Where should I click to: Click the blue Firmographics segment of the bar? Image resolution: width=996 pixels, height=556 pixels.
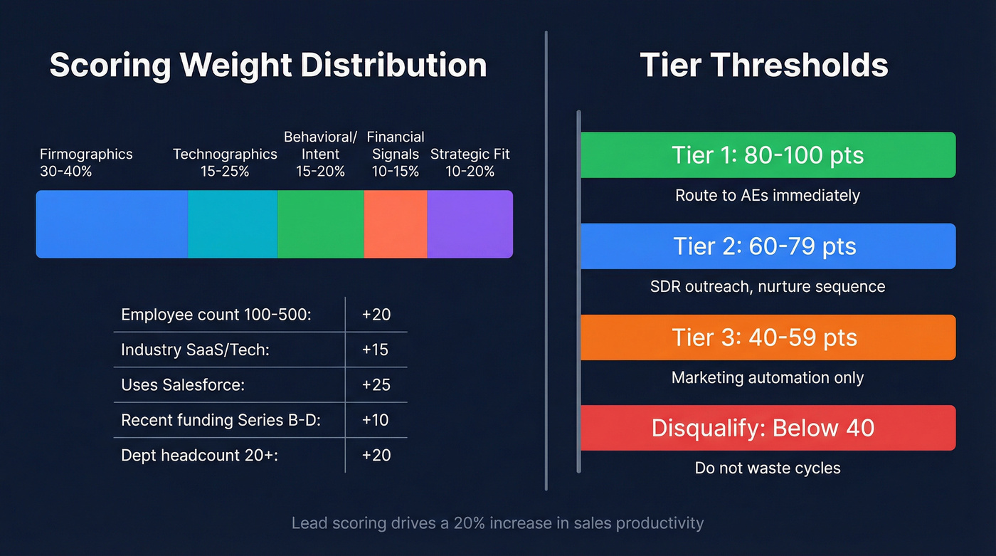(x=112, y=224)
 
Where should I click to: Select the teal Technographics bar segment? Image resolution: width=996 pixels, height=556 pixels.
(x=233, y=224)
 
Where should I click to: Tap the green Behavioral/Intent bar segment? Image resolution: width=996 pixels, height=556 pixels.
(x=321, y=224)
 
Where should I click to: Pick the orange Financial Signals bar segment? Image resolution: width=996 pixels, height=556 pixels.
(x=396, y=224)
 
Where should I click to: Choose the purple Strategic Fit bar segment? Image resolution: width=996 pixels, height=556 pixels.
(x=470, y=224)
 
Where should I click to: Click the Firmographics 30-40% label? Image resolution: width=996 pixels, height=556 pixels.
(x=86, y=162)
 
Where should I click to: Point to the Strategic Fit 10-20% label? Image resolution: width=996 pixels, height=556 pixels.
(x=470, y=162)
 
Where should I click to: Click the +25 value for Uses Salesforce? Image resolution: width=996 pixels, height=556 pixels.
(x=376, y=385)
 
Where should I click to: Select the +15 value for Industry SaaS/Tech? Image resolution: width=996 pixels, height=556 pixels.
(x=376, y=350)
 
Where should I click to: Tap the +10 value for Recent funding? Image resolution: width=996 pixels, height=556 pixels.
(x=376, y=420)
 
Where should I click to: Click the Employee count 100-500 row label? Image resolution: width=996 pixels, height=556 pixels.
(x=216, y=315)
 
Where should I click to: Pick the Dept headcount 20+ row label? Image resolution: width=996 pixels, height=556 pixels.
(x=199, y=455)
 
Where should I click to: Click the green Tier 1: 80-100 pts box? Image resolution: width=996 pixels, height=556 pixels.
(x=768, y=155)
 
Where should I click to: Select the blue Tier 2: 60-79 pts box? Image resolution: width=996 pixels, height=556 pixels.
(x=768, y=246)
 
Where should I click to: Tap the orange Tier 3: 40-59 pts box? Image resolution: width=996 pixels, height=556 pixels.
(x=768, y=337)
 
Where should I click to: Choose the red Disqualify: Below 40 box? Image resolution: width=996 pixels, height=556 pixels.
(x=768, y=428)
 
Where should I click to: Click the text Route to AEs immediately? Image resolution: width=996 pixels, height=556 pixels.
(x=768, y=195)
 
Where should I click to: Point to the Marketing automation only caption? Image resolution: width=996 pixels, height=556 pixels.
(x=768, y=377)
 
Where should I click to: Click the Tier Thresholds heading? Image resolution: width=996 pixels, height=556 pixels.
(x=764, y=65)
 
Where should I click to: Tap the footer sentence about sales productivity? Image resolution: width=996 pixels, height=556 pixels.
(x=497, y=523)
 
